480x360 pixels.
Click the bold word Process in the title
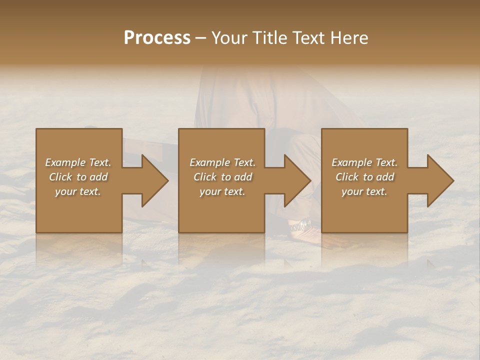[x=157, y=38]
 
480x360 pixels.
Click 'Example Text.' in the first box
[x=78, y=162]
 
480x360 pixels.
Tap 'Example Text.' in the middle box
[x=222, y=162]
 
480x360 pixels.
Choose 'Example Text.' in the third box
[x=364, y=162]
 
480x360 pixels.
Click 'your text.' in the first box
[x=78, y=191]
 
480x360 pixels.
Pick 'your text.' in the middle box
[x=222, y=191]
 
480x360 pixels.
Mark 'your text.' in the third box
[x=364, y=191]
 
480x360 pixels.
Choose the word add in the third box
[x=385, y=177]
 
